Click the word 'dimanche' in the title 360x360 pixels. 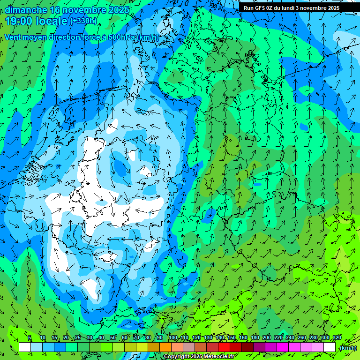pos(26,10)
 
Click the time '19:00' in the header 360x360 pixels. pos(20,21)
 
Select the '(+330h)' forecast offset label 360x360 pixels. pos(84,21)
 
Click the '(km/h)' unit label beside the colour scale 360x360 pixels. pos(348,348)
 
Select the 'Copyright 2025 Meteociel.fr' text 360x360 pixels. pos(200,357)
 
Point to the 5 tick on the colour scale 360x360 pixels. pos(30,337)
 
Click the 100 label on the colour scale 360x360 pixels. pos(173,337)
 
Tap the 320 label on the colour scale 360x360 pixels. pos(337,337)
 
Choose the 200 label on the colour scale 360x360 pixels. pos(267,337)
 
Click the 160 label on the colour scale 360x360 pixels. pos(243,337)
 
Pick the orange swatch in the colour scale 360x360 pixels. pos(165,347)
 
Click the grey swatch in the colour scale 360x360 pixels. pos(189,347)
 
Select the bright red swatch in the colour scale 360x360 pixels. pos(224,347)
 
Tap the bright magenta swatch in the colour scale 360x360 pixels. pos(283,347)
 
